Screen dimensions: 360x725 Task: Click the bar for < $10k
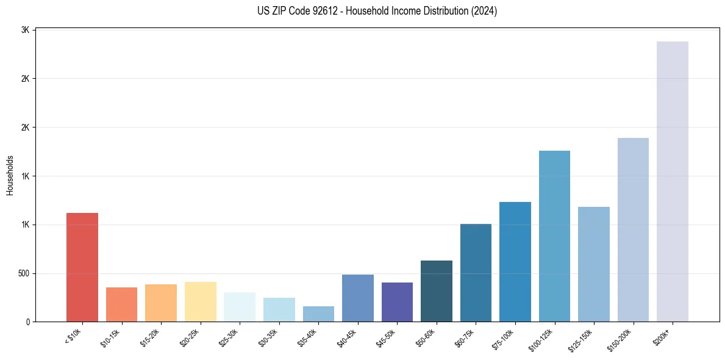82,267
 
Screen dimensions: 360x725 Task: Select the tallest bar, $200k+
673,182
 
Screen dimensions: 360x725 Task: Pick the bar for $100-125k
554,236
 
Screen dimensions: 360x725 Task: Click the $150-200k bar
633,229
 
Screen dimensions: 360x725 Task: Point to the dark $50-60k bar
437,291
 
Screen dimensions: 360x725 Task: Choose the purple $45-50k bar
397,302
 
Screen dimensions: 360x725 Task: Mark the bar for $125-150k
594,264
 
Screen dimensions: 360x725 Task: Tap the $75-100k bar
515,262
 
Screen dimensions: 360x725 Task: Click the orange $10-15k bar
121,304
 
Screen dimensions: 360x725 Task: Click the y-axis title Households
10,175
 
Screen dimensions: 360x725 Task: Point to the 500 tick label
23,273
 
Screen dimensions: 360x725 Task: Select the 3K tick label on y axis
26,30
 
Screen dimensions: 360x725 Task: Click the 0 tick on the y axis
28,322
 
